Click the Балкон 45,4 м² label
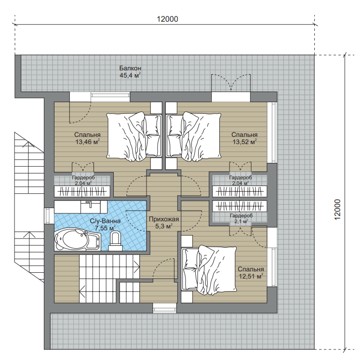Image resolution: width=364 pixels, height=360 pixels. (130, 72)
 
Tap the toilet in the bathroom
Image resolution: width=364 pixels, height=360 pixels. (115, 241)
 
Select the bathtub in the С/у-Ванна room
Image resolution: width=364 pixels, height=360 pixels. (78, 239)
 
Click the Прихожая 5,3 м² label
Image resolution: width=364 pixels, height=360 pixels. (164, 223)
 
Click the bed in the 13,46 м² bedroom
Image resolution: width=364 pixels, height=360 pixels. (134, 136)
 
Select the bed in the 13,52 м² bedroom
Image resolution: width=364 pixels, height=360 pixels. (193, 136)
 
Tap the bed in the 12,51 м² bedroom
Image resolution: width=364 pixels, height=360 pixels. (209, 270)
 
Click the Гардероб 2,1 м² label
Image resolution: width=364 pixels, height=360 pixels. (242, 218)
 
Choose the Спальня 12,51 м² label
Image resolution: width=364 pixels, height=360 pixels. (251, 272)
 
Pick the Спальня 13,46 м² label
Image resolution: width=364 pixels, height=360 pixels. (87, 138)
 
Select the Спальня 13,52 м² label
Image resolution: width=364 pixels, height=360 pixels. (245, 138)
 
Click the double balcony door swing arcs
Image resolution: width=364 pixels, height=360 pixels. (231, 82)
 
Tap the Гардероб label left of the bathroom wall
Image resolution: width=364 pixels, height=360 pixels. (83, 180)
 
